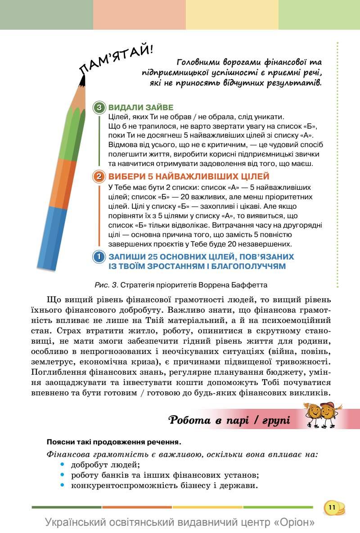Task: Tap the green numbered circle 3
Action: (x=99, y=108)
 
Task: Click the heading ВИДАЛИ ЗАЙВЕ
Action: (x=141, y=108)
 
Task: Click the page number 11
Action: (x=332, y=507)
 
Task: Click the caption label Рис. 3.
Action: (x=106, y=285)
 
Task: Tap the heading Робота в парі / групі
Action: (x=229, y=420)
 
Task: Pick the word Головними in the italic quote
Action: (x=198, y=62)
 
